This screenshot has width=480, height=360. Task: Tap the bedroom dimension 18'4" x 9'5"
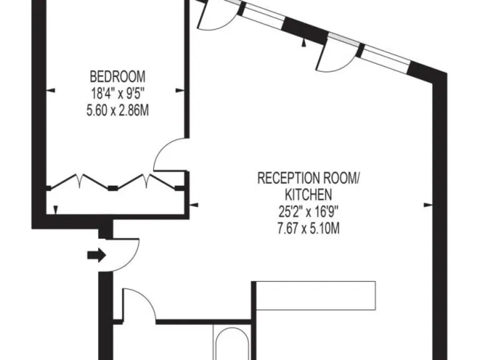[x=117, y=94]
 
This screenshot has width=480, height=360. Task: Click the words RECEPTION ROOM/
[x=309, y=178]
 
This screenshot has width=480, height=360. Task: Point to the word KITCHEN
[x=309, y=194]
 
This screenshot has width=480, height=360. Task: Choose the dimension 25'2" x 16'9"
[x=309, y=211]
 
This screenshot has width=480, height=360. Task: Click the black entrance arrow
[x=96, y=254]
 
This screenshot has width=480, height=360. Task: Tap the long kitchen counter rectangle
[x=316, y=296]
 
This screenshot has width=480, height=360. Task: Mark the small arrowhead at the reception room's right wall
[x=428, y=204]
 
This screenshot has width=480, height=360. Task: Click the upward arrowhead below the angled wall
[x=303, y=43]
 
